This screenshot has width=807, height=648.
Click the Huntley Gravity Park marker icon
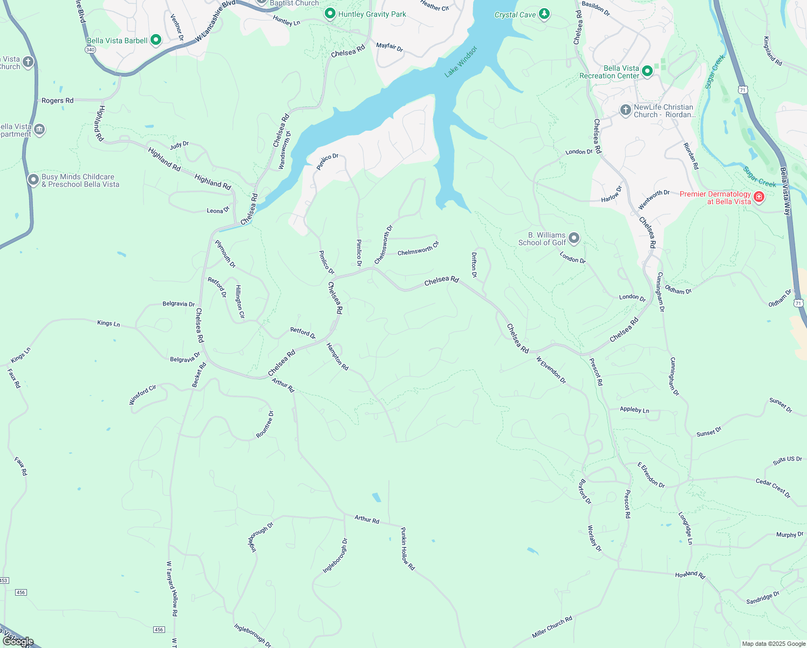tap(330, 13)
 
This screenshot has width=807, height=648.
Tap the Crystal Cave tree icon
tap(544, 13)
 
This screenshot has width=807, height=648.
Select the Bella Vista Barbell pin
tap(156, 40)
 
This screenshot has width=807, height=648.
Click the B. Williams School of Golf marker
tap(574, 238)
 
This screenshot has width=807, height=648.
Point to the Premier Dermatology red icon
tap(759, 197)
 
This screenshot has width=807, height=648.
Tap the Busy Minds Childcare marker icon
tap(33, 179)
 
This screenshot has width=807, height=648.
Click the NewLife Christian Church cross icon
tap(625, 111)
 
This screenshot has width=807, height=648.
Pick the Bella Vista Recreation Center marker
tap(647, 71)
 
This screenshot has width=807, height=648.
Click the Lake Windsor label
tap(461, 62)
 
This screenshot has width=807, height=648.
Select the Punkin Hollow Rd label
tap(407, 549)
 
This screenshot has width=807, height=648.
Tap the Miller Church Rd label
tap(552, 626)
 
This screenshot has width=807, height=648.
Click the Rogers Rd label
tap(57, 100)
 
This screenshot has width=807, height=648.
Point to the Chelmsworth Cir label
tap(419, 249)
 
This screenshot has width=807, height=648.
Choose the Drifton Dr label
tap(474, 265)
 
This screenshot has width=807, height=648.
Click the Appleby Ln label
tap(634, 410)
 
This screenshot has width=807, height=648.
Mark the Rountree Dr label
tap(265, 424)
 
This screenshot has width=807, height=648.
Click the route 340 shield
tap(90, 49)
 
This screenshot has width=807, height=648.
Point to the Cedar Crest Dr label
tap(773, 488)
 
